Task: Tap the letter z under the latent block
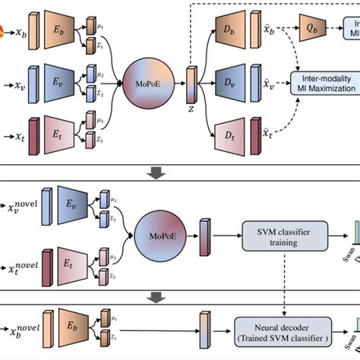(191, 109)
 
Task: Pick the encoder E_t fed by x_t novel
(77, 259)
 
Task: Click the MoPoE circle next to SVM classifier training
(156, 232)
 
